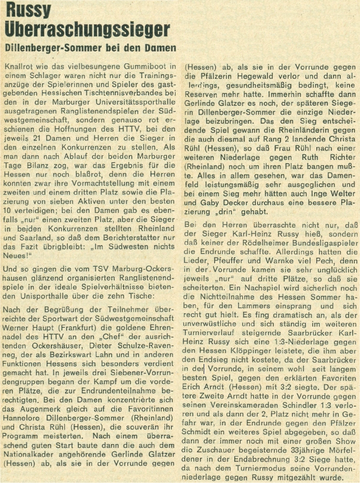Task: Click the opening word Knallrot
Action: pos(21,66)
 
